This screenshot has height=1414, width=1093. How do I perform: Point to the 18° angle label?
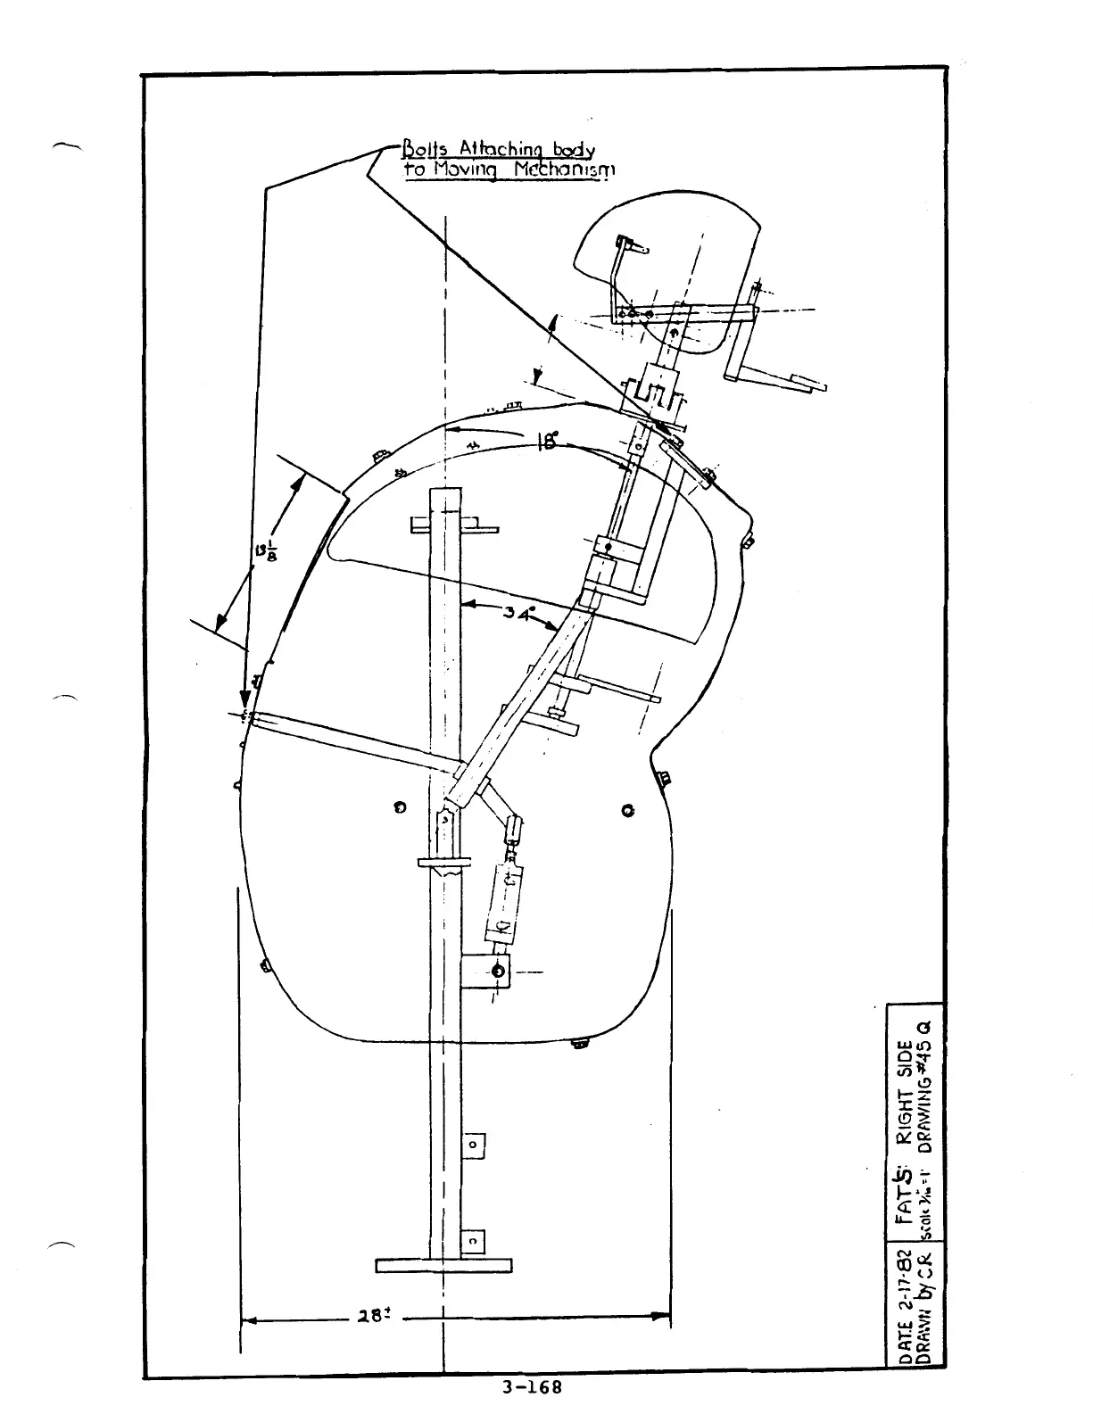(x=548, y=442)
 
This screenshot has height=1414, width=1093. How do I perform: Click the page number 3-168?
(x=533, y=1388)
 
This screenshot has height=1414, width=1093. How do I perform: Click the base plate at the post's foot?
(x=443, y=1265)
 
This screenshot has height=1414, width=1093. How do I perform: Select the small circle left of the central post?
(x=401, y=808)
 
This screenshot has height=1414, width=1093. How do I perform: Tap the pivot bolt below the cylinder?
(x=498, y=972)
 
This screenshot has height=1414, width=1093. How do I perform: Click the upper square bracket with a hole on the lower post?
(x=473, y=1145)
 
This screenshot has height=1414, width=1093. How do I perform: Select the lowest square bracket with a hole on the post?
(x=473, y=1241)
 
